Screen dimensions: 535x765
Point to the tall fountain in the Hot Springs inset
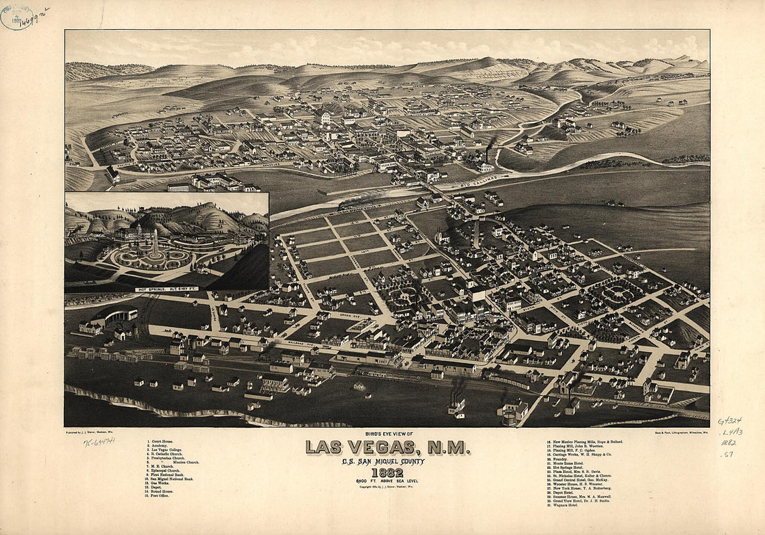pyautogui.click(x=154, y=244)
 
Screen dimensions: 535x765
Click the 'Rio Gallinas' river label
pyautogui.click(x=482, y=184)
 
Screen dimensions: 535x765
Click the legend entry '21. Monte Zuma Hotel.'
pyautogui.click(x=574, y=463)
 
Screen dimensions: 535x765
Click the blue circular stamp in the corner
pyautogui.click(x=17, y=17)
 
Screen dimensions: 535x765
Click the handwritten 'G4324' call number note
pyautogui.click(x=730, y=421)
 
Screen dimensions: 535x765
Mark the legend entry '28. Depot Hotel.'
pyautogui.click(x=567, y=492)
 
